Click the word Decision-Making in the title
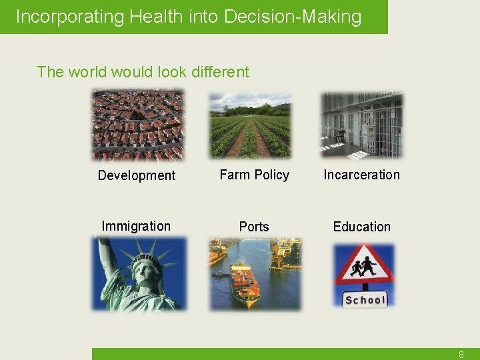pyautogui.click(x=293, y=17)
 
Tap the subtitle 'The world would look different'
pyautogui.click(x=143, y=72)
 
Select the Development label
pyautogui.click(x=137, y=175)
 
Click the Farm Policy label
pyautogui.click(x=254, y=175)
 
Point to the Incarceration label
pyautogui.click(x=361, y=175)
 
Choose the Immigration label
pyautogui.click(x=136, y=226)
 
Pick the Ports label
pyautogui.click(x=254, y=227)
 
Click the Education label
pyautogui.click(x=361, y=227)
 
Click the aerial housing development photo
pyautogui.click(x=137, y=125)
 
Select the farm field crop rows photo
pyautogui.click(x=250, y=125)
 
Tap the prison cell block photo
pyautogui.click(x=362, y=125)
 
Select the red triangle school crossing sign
pyautogui.click(x=364, y=267)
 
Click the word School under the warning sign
pyautogui.click(x=365, y=300)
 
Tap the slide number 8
pyautogui.click(x=461, y=355)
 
